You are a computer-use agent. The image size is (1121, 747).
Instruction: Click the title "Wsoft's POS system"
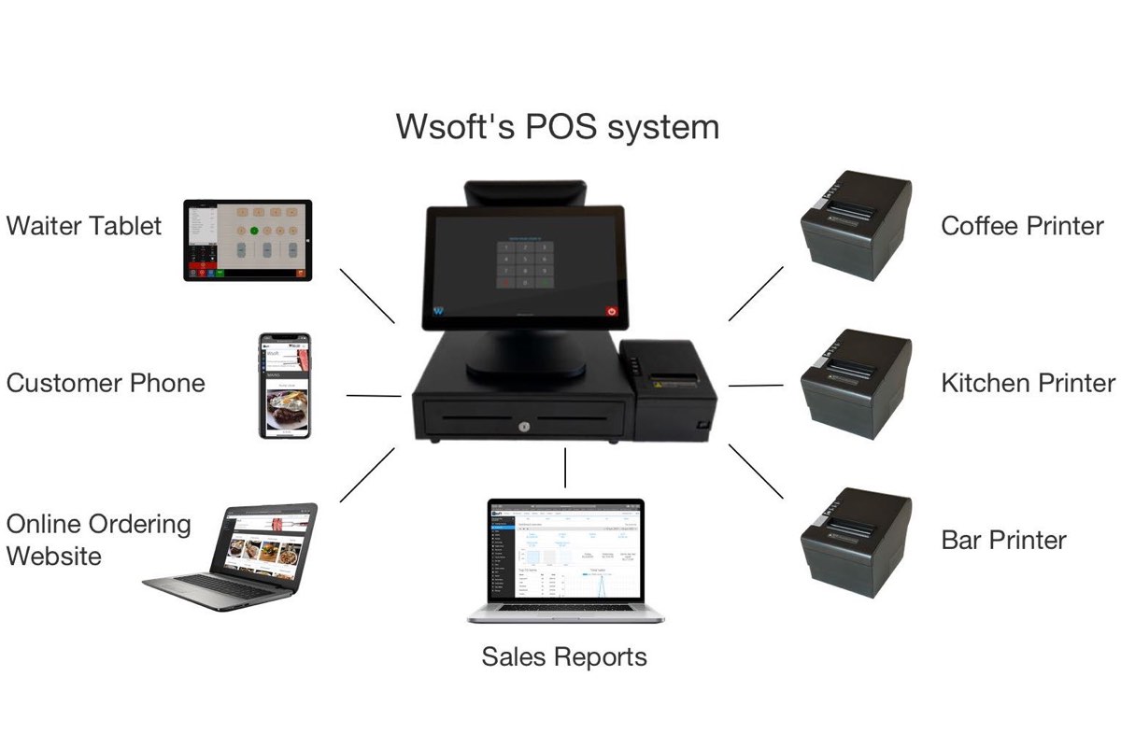[x=558, y=126]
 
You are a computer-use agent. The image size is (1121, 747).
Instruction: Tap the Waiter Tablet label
[x=84, y=226]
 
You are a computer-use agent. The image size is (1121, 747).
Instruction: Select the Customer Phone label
[x=106, y=383]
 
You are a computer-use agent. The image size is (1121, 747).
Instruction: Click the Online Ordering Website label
[x=98, y=540]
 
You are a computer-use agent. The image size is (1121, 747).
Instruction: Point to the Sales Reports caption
[x=564, y=656]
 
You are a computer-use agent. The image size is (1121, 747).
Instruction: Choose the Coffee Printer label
[x=1022, y=226]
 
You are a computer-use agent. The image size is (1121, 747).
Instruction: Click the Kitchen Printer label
[x=1028, y=383]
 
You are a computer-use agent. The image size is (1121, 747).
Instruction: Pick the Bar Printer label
[x=1003, y=540]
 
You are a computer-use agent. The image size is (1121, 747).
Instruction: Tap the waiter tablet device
[x=248, y=240]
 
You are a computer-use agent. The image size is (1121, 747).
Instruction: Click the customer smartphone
[x=284, y=385]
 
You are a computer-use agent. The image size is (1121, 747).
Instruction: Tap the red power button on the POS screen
[x=613, y=311]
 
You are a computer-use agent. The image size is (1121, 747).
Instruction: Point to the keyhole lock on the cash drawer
[x=523, y=427]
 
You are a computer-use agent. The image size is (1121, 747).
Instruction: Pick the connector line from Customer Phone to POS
[x=374, y=396]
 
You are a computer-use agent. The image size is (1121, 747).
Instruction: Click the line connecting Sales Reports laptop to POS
[x=565, y=468]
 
